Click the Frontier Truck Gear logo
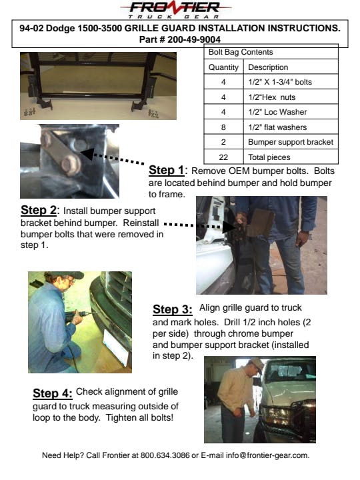click(x=176, y=10)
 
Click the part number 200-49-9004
click(x=194, y=39)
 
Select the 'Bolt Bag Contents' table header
click(x=241, y=52)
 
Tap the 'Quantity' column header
click(x=223, y=67)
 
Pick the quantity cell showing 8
click(x=223, y=127)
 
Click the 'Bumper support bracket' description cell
click(x=291, y=142)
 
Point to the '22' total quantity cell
click(x=223, y=157)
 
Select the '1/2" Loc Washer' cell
click(x=277, y=112)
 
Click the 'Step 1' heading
click(x=167, y=170)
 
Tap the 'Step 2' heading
click(x=39, y=210)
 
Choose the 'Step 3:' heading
click(x=173, y=309)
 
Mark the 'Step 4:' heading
click(x=53, y=393)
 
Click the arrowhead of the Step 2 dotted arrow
click(x=229, y=227)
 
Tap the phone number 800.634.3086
click(x=165, y=455)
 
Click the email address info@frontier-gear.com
click(x=267, y=455)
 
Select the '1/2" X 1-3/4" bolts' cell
click(x=280, y=82)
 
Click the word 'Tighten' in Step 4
click(x=121, y=418)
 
